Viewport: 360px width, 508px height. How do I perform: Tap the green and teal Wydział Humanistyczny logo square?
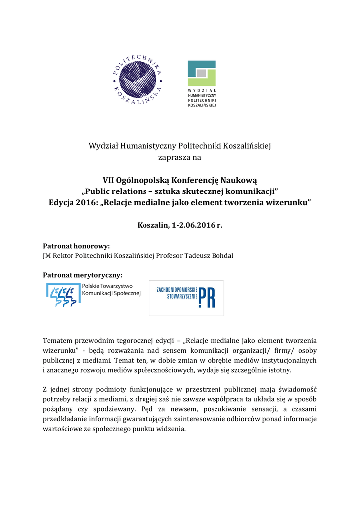201,73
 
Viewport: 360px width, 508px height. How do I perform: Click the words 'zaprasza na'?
180,158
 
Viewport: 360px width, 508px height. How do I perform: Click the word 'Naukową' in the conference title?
240,180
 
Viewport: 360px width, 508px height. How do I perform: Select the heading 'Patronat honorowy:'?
76,246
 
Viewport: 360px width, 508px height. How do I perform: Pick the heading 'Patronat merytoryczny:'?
82,275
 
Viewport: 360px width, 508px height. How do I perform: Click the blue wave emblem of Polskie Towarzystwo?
63,295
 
